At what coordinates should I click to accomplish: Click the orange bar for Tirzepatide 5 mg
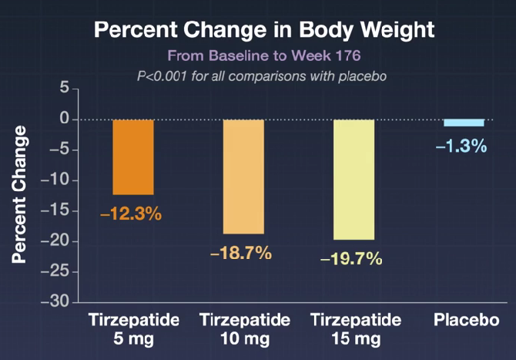pyautogui.click(x=133, y=156)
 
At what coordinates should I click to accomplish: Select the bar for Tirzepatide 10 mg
pyautogui.click(x=243, y=176)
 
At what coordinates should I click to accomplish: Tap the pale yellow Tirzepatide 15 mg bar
pyautogui.click(x=353, y=179)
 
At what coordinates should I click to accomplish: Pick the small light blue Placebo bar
pyautogui.click(x=464, y=123)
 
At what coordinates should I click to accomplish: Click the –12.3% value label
pyautogui.click(x=131, y=214)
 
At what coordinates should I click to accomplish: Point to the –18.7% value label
pyautogui.click(x=241, y=253)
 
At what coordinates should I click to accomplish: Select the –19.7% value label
pyautogui.click(x=351, y=259)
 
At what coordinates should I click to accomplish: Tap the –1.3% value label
pyautogui.click(x=461, y=145)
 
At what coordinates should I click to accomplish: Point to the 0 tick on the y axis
pyautogui.click(x=65, y=119)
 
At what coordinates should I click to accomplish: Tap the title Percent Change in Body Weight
pyautogui.click(x=264, y=31)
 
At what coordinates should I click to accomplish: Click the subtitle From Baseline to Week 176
pyautogui.click(x=264, y=56)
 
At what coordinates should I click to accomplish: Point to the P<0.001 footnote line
pyautogui.click(x=264, y=76)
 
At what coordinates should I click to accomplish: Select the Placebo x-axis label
pyautogui.click(x=464, y=320)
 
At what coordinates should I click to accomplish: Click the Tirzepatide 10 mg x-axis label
pyautogui.click(x=245, y=329)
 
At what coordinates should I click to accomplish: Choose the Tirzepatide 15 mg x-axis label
pyautogui.click(x=355, y=329)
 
